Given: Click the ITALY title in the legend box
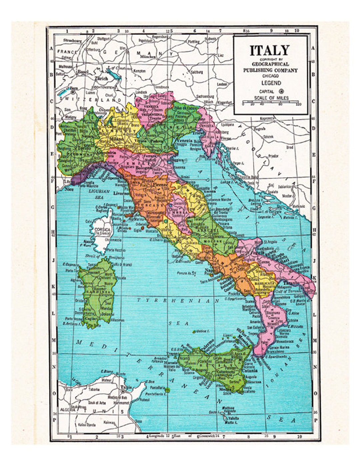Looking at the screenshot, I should (270, 51).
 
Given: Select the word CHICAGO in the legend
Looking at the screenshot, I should (270, 76).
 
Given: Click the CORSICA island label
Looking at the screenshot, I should (102, 230).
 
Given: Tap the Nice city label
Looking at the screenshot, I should (69, 189).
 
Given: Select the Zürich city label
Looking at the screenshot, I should (101, 79).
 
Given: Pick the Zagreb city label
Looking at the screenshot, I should (259, 129).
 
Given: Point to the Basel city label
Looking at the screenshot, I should (83, 72).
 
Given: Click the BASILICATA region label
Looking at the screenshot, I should (264, 283).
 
